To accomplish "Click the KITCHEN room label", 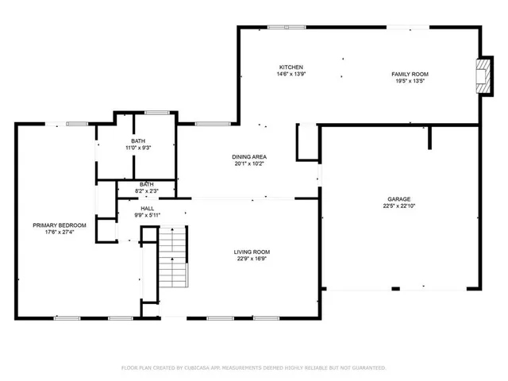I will click(x=290, y=67).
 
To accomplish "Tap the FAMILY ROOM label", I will click(x=410, y=74).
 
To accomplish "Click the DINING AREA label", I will click(x=248, y=156).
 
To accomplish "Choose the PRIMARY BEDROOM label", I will click(x=59, y=225).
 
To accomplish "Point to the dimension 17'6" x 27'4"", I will click(x=59, y=233).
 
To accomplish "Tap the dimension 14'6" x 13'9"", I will click(x=290, y=74).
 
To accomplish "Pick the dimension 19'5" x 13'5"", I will click(x=410, y=81).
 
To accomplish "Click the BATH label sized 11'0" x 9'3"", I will click(x=138, y=140).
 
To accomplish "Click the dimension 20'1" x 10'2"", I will click(x=248, y=164).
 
